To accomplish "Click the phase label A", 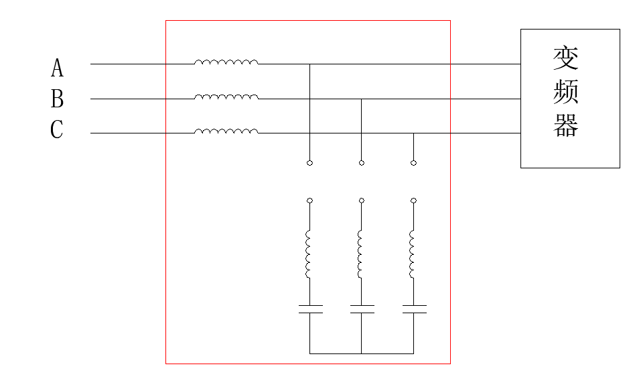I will pyautogui.click(x=57, y=68).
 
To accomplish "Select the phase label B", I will pyautogui.click(x=57, y=99).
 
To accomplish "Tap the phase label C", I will pyautogui.click(x=57, y=129).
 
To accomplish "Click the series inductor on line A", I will pyautogui.click(x=226, y=62).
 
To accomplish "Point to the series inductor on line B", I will pyautogui.click(x=226, y=97).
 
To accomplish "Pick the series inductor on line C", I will pyautogui.click(x=226, y=131).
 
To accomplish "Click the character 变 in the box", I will pyautogui.click(x=566, y=60).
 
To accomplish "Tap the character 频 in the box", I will pyautogui.click(x=566, y=92).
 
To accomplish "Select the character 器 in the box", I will pyautogui.click(x=566, y=125).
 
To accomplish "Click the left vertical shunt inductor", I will pyautogui.click(x=309, y=254).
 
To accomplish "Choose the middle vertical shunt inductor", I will pyautogui.click(x=361, y=254).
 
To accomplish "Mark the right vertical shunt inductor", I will pyautogui.click(x=413, y=254).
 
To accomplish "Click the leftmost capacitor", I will pyautogui.click(x=310, y=309).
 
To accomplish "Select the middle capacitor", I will pyautogui.click(x=362, y=309).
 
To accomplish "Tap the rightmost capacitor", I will pyautogui.click(x=414, y=309).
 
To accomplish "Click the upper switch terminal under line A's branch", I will pyautogui.click(x=309, y=163).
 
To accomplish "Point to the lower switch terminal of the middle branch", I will pyautogui.click(x=362, y=201).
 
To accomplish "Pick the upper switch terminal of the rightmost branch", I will pyautogui.click(x=413, y=163).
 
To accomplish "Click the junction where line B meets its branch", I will pyautogui.click(x=362, y=99).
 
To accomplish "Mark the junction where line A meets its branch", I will pyautogui.click(x=309, y=64).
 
